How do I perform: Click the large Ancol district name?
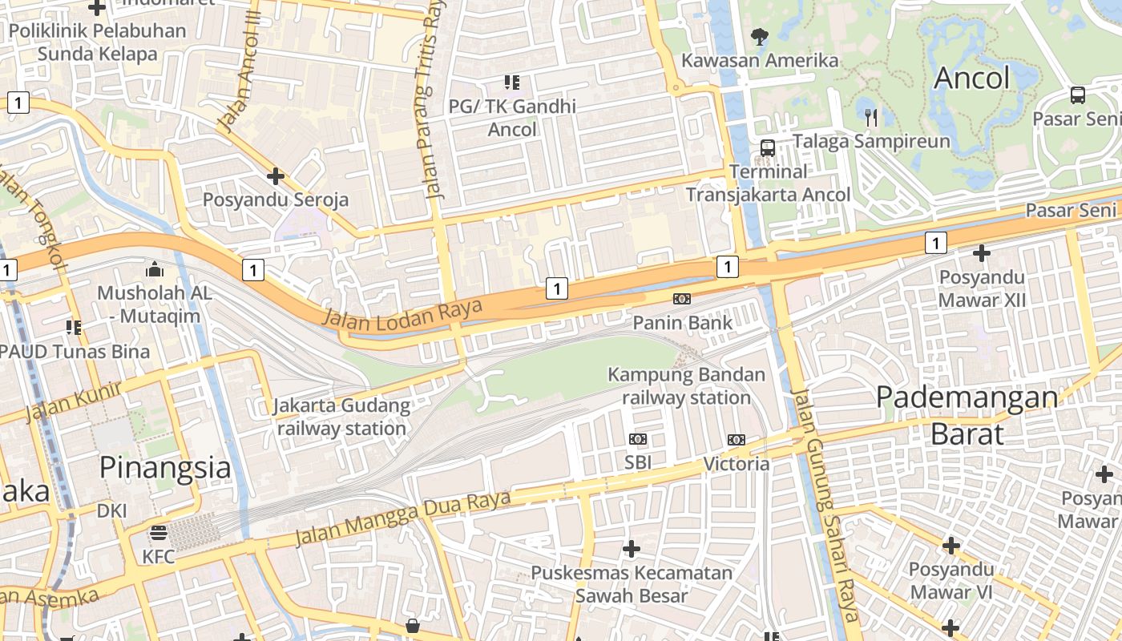971,78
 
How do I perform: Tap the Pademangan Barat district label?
967,415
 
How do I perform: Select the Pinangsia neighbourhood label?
165,467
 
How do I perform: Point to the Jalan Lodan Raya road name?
402,312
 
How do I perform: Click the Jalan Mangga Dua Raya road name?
402,518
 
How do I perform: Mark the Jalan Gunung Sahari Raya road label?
825,505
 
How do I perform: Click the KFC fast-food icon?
159,533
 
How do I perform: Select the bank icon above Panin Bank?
682,299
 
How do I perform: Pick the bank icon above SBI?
638,439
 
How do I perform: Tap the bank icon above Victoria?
736,439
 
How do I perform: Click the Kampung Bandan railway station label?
686,385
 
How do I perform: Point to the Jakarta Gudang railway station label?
342,417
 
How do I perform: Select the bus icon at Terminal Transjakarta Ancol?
767,147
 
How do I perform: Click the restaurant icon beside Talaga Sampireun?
871,118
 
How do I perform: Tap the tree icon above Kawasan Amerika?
759,36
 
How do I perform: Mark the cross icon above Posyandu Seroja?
276,175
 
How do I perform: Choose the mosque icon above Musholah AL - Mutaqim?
155,269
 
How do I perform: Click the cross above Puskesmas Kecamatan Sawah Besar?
632,549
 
